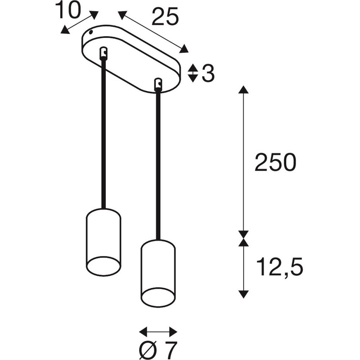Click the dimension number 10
pos(68,10)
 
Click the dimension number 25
pos(165,16)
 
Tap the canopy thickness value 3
pos(208,73)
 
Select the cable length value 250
pos(275,162)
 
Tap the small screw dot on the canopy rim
pos(91,32)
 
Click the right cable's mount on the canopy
pos(158,84)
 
